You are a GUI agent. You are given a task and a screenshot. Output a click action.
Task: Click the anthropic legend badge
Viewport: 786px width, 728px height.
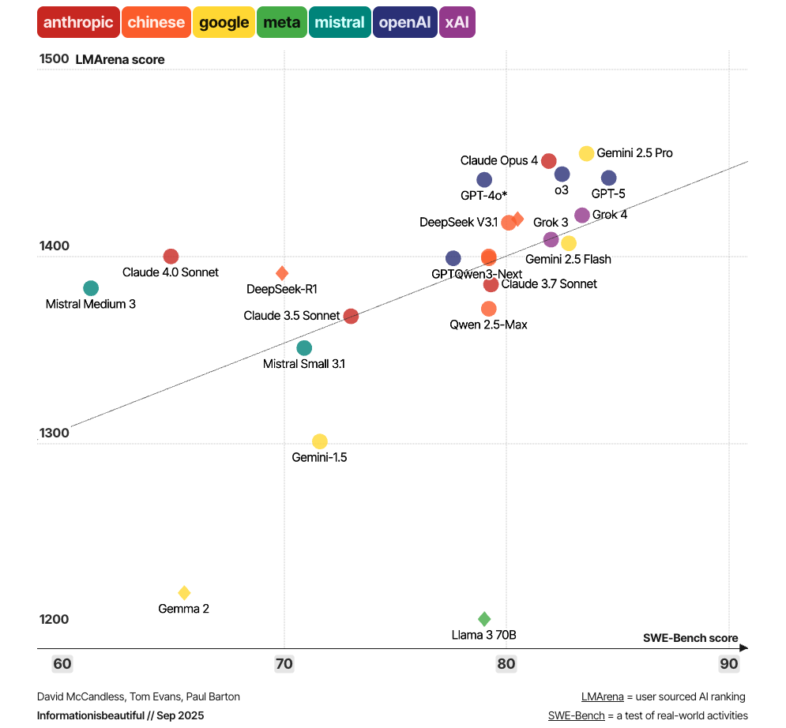pyautogui.click(x=78, y=22)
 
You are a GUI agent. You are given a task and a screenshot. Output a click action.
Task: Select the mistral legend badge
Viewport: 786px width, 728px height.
pyautogui.click(x=340, y=22)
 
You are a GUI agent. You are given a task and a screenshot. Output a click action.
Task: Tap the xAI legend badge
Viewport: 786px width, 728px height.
pyautogui.click(x=457, y=22)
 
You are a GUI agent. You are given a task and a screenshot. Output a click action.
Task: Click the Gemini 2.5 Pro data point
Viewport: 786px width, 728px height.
pyautogui.click(x=586, y=153)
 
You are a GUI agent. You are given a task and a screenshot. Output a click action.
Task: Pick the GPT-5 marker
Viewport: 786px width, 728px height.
pyautogui.click(x=608, y=178)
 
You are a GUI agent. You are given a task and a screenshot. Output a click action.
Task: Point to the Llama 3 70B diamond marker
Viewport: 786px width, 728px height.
pyautogui.click(x=484, y=619)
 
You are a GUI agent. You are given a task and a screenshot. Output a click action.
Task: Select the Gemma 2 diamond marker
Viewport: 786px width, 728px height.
pyautogui.click(x=184, y=593)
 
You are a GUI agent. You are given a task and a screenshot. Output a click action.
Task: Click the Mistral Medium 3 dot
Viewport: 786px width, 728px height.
pyautogui.click(x=91, y=288)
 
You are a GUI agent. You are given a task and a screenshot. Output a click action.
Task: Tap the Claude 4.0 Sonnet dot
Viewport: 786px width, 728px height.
pyautogui.click(x=171, y=257)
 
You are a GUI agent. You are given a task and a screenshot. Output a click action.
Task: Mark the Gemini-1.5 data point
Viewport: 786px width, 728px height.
pyautogui.click(x=320, y=441)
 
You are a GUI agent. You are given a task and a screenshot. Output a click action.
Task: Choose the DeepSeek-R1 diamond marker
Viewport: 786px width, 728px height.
pyautogui.click(x=282, y=273)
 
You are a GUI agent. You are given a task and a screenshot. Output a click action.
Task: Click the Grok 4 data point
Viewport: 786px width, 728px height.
pyautogui.click(x=582, y=215)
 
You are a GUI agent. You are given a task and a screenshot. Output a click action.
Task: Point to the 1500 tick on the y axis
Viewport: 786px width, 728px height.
pyautogui.click(x=55, y=59)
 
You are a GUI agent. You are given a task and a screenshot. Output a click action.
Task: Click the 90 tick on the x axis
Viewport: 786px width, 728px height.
pyautogui.click(x=728, y=664)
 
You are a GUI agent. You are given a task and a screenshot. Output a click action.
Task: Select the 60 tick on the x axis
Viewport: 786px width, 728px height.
pyautogui.click(x=62, y=664)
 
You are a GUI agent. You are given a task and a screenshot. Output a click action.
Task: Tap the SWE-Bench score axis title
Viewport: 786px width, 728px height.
pyautogui.click(x=690, y=638)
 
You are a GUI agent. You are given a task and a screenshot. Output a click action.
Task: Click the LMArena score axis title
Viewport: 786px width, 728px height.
pyautogui.click(x=120, y=60)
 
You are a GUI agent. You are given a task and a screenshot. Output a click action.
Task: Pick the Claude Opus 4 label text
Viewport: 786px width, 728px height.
pyautogui.click(x=498, y=161)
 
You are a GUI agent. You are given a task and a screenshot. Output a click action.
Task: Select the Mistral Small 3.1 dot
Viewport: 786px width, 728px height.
pyautogui.click(x=304, y=348)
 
